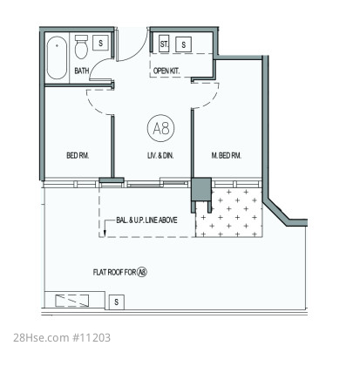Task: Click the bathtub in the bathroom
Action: click(57, 58)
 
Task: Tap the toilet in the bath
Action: click(81, 47)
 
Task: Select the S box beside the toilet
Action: click(100, 43)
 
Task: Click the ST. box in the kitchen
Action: click(164, 44)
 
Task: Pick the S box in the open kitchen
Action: click(184, 44)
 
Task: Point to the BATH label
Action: click(82, 71)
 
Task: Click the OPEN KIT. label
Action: click(166, 71)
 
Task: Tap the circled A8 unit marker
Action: click(161, 129)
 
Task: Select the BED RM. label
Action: click(78, 155)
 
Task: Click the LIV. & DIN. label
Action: click(160, 155)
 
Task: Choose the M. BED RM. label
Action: click(227, 155)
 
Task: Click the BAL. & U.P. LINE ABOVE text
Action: click(146, 220)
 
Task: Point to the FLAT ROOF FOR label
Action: click(115, 272)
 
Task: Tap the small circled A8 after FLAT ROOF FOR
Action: click(142, 272)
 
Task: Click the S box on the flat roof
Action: click(117, 302)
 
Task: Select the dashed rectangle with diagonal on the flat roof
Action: click(72, 301)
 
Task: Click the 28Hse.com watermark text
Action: click(41, 338)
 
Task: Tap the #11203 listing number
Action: click(92, 338)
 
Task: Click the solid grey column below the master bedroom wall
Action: click(201, 189)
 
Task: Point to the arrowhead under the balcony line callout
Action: click(105, 233)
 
